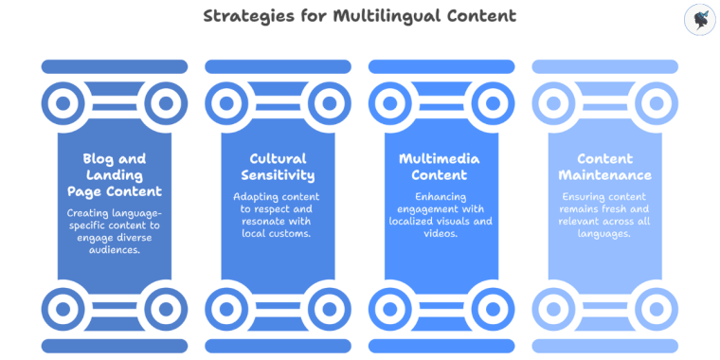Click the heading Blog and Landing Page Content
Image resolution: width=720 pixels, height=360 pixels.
pos(115,175)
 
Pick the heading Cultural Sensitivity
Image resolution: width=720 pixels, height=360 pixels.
pos(278,167)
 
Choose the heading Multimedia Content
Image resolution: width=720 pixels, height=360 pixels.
pos(441,167)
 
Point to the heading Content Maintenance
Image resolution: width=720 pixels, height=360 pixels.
pos(604,167)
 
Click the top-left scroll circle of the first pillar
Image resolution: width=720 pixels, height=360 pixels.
pos(63,102)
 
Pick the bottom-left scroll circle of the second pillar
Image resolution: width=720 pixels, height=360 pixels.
pos(226,309)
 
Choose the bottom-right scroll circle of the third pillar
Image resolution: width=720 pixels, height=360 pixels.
pos(494,309)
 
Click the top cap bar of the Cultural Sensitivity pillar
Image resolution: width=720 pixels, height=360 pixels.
pos(278,67)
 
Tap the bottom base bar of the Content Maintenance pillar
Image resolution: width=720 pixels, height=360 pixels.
pos(604,345)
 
